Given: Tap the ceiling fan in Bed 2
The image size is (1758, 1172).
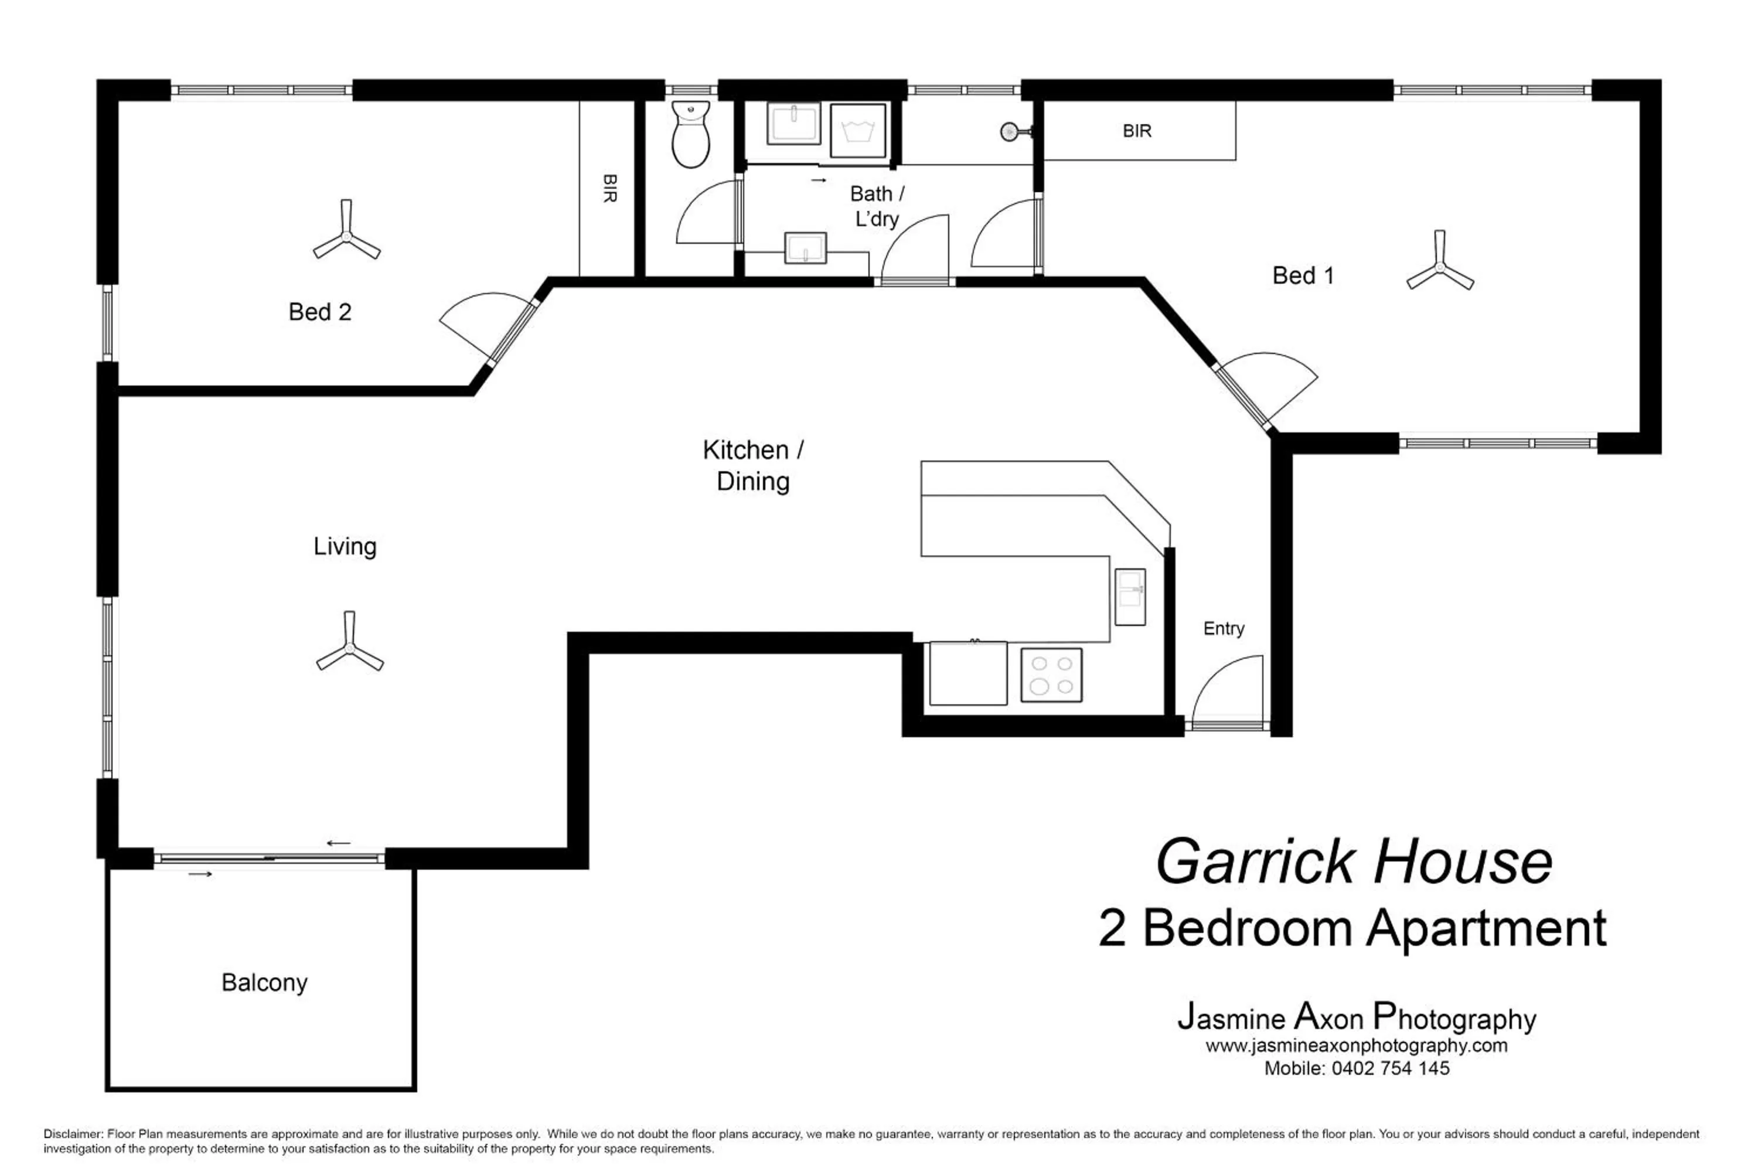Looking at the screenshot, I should pyautogui.click(x=346, y=238).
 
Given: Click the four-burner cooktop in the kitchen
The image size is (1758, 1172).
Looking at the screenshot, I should pyautogui.click(x=1051, y=675).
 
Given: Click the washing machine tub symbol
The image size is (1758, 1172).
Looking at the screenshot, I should pyautogui.click(x=858, y=131).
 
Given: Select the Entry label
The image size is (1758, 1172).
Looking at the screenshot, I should pyautogui.click(x=1224, y=629).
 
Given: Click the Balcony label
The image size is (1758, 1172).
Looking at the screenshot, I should pyautogui.click(x=265, y=983).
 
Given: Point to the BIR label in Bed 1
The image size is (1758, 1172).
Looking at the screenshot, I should pyautogui.click(x=1137, y=131).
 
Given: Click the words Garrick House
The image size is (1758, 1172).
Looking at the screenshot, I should pyautogui.click(x=1354, y=862).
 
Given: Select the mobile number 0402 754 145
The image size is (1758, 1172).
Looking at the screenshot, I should pyautogui.click(x=1390, y=1069).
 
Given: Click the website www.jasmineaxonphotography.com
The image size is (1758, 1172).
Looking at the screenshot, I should pyautogui.click(x=1356, y=1045).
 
